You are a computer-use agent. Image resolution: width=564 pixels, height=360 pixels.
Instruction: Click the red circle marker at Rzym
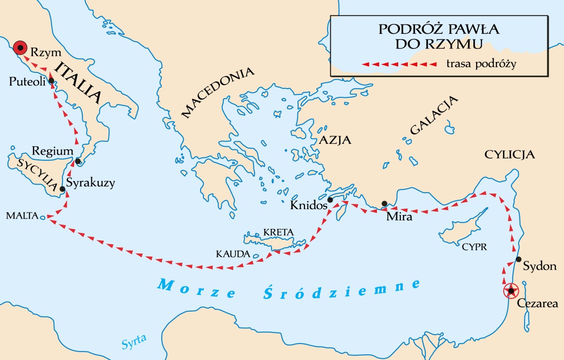pos(19,47)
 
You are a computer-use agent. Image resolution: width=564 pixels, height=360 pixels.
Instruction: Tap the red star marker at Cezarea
pos(510,291)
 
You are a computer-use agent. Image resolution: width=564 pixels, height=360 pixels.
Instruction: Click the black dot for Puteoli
pos(51,80)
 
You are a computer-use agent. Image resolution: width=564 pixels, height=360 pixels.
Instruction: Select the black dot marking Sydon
pos(518,259)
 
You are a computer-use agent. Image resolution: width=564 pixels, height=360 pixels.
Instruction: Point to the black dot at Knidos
pos(330,200)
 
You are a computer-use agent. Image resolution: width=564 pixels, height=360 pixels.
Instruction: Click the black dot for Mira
pos(384,203)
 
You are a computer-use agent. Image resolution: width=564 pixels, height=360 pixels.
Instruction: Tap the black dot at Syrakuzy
pos(62,189)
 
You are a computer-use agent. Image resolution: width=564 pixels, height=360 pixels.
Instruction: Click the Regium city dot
pos(78,162)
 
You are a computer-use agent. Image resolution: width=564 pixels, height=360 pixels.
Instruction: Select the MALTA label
pos(21,216)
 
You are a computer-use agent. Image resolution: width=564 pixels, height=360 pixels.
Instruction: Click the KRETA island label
pos(278,232)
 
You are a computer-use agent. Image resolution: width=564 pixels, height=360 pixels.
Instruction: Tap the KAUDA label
pos(233,254)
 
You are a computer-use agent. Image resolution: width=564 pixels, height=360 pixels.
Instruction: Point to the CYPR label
pos(475,247)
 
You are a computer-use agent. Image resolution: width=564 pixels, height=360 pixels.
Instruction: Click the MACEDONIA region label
pos(218,93)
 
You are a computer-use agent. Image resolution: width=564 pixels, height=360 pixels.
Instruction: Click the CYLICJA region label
pos(510,155)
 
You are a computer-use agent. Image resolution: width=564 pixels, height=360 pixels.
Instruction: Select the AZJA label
pos(335,140)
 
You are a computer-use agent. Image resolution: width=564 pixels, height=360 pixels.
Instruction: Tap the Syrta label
pos(134,340)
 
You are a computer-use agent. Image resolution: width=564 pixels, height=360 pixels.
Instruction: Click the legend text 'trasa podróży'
pos(481,64)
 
